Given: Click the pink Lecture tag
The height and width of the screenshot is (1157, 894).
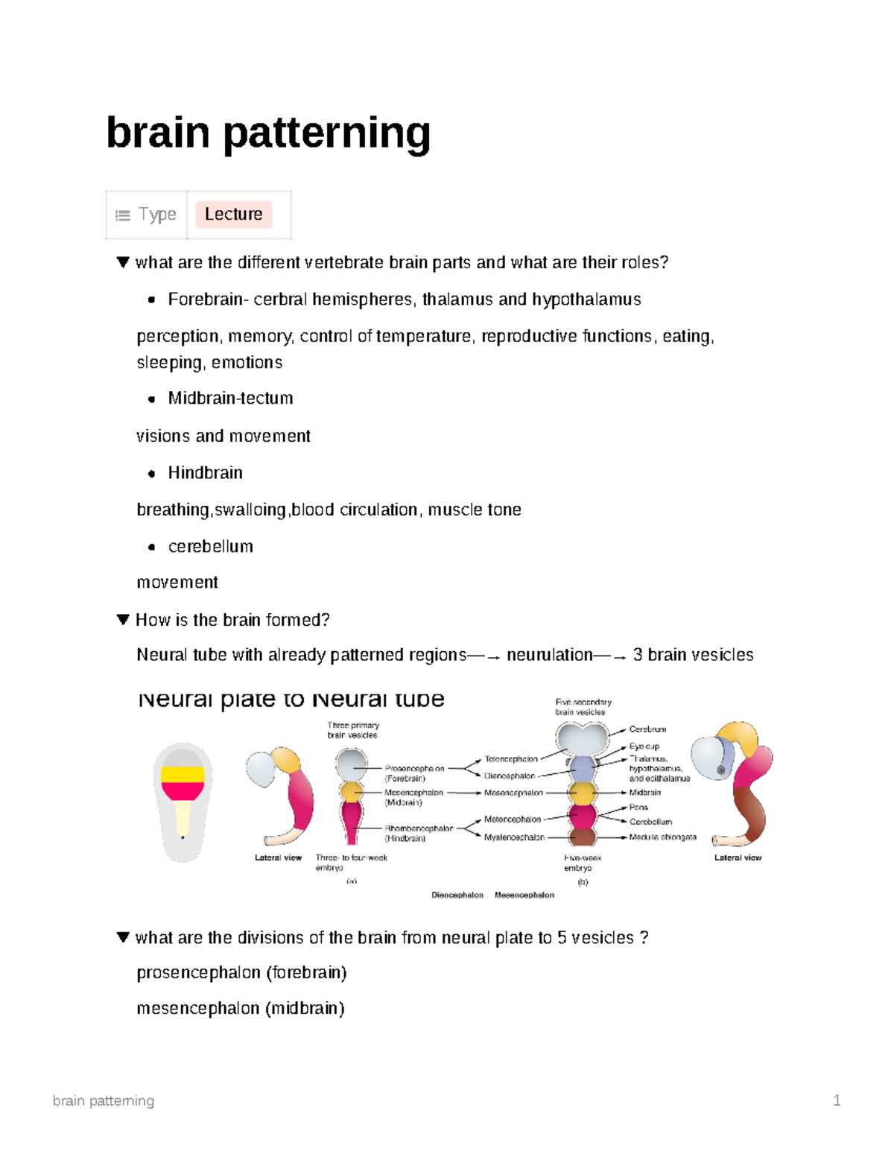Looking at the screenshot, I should pos(233,215).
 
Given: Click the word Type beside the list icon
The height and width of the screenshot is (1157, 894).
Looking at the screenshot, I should pos(157,215).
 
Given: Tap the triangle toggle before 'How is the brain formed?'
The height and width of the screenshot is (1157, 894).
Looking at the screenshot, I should pos(123,620).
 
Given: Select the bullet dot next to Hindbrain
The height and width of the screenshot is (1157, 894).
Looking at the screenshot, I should pos(152,474).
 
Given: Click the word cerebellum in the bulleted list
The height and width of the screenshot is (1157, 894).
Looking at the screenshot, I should pos(211,547).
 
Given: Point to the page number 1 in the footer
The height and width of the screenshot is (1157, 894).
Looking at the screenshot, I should pos(837,1100).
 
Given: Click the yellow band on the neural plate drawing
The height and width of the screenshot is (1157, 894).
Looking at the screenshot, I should pos(183,774).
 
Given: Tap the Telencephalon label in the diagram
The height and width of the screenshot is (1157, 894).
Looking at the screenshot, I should pos(511,759).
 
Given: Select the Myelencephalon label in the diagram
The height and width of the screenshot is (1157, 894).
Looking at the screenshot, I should pos(514,837).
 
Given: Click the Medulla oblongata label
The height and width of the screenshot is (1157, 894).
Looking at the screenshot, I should pos(663,837).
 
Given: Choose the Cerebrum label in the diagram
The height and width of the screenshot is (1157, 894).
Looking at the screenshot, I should pos(647,729).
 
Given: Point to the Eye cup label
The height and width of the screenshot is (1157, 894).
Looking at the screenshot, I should pos(644,746).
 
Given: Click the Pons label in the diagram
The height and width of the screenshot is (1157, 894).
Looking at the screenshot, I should pos(638,808).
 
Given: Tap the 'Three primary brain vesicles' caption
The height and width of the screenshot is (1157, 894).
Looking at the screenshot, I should pos(353,730).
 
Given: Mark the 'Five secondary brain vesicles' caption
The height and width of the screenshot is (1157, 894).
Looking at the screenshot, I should pos(583,707).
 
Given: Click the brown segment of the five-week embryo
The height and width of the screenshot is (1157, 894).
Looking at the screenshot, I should pos(583,837).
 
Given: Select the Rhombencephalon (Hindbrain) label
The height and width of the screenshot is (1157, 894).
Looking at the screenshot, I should pos(417,833).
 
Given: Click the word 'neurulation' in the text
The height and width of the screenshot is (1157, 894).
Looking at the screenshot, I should pos(550,655).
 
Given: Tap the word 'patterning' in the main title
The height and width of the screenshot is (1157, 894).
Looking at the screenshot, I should pos(326,133).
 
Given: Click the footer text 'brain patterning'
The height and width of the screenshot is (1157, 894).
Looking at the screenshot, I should pos(104,1100).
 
